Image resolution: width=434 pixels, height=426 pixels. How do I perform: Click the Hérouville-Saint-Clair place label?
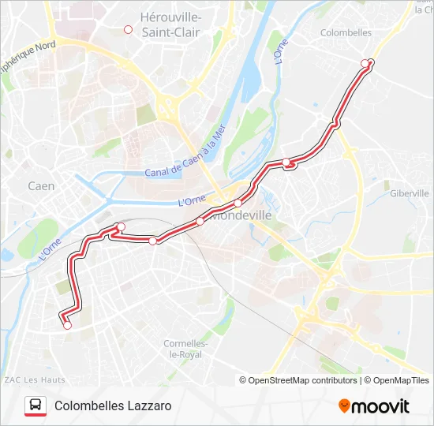(170, 24)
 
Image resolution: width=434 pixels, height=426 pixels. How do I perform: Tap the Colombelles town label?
(346, 32)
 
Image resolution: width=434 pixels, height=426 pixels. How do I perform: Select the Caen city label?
(41, 186)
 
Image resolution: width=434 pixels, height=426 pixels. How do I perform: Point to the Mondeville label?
(242, 215)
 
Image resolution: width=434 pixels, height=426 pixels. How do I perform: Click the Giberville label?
(409, 193)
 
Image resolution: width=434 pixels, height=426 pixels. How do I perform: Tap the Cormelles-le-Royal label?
(185, 349)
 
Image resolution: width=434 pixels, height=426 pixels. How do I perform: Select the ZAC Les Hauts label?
(34, 379)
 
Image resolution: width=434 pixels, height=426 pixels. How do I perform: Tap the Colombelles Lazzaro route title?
(113, 405)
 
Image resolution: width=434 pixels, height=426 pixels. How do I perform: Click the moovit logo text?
(380, 406)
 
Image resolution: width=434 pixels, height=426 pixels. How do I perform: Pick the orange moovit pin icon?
(344, 406)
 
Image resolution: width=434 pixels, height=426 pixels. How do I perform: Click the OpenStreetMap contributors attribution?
(298, 380)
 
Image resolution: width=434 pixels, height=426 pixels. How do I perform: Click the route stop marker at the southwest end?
(67, 325)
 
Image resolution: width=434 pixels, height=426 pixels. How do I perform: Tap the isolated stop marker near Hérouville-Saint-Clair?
(128, 30)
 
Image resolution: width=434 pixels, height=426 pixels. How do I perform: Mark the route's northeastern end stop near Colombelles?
(365, 63)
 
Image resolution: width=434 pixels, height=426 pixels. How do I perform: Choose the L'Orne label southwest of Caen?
(49, 248)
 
